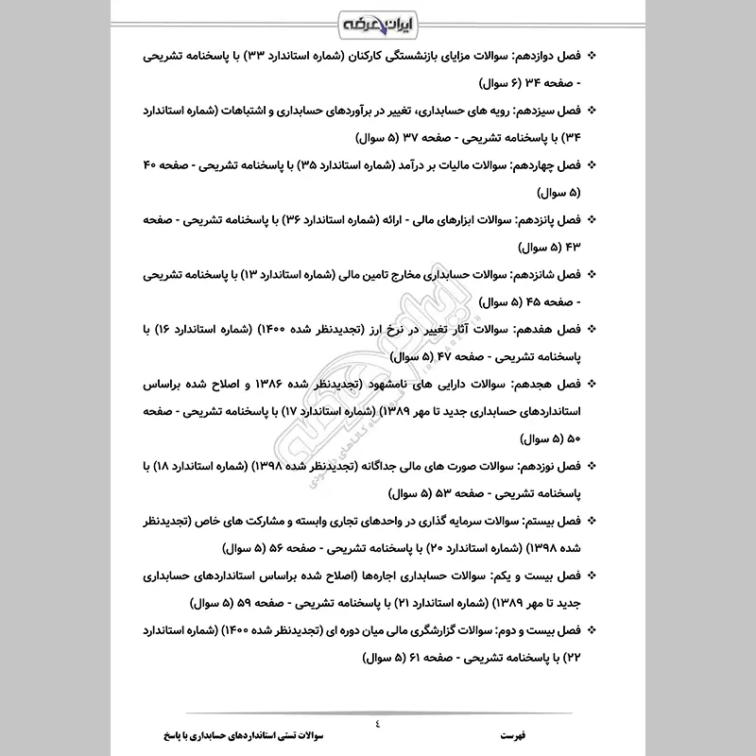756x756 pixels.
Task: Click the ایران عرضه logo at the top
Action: pos(378,22)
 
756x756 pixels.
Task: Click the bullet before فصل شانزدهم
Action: pos(593,274)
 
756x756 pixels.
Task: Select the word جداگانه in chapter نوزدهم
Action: pos(388,466)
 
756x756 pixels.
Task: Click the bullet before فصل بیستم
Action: pos(593,520)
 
